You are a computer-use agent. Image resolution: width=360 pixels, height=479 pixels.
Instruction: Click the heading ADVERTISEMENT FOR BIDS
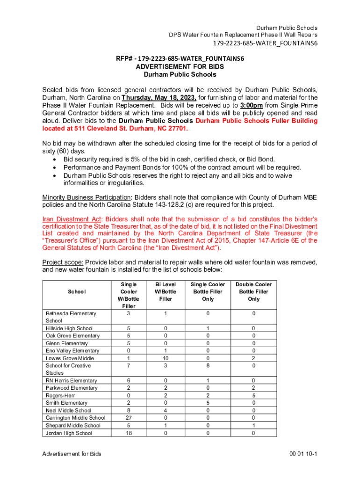click(x=180, y=67)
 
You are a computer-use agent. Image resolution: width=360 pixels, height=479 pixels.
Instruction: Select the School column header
click(x=76, y=291)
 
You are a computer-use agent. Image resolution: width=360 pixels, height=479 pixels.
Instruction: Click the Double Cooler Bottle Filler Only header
click(x=253, y=291)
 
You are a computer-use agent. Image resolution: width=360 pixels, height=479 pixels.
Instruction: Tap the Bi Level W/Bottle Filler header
click(x=166, y=291)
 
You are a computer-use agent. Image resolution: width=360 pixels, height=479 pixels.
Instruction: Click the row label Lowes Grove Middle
click(x=70, y=358)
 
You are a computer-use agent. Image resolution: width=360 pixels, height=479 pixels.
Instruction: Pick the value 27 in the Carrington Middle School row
click(x=129, y=418)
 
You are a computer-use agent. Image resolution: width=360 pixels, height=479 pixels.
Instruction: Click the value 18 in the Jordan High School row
click(x=129, y=433)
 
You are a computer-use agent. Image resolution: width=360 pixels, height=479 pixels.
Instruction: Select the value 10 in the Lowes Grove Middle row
click(x=166, y=358)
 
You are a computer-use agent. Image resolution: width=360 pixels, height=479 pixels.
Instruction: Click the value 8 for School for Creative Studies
click(x=208, y=366)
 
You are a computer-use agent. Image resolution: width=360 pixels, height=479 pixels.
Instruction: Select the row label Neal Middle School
click(x=68, y=410)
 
